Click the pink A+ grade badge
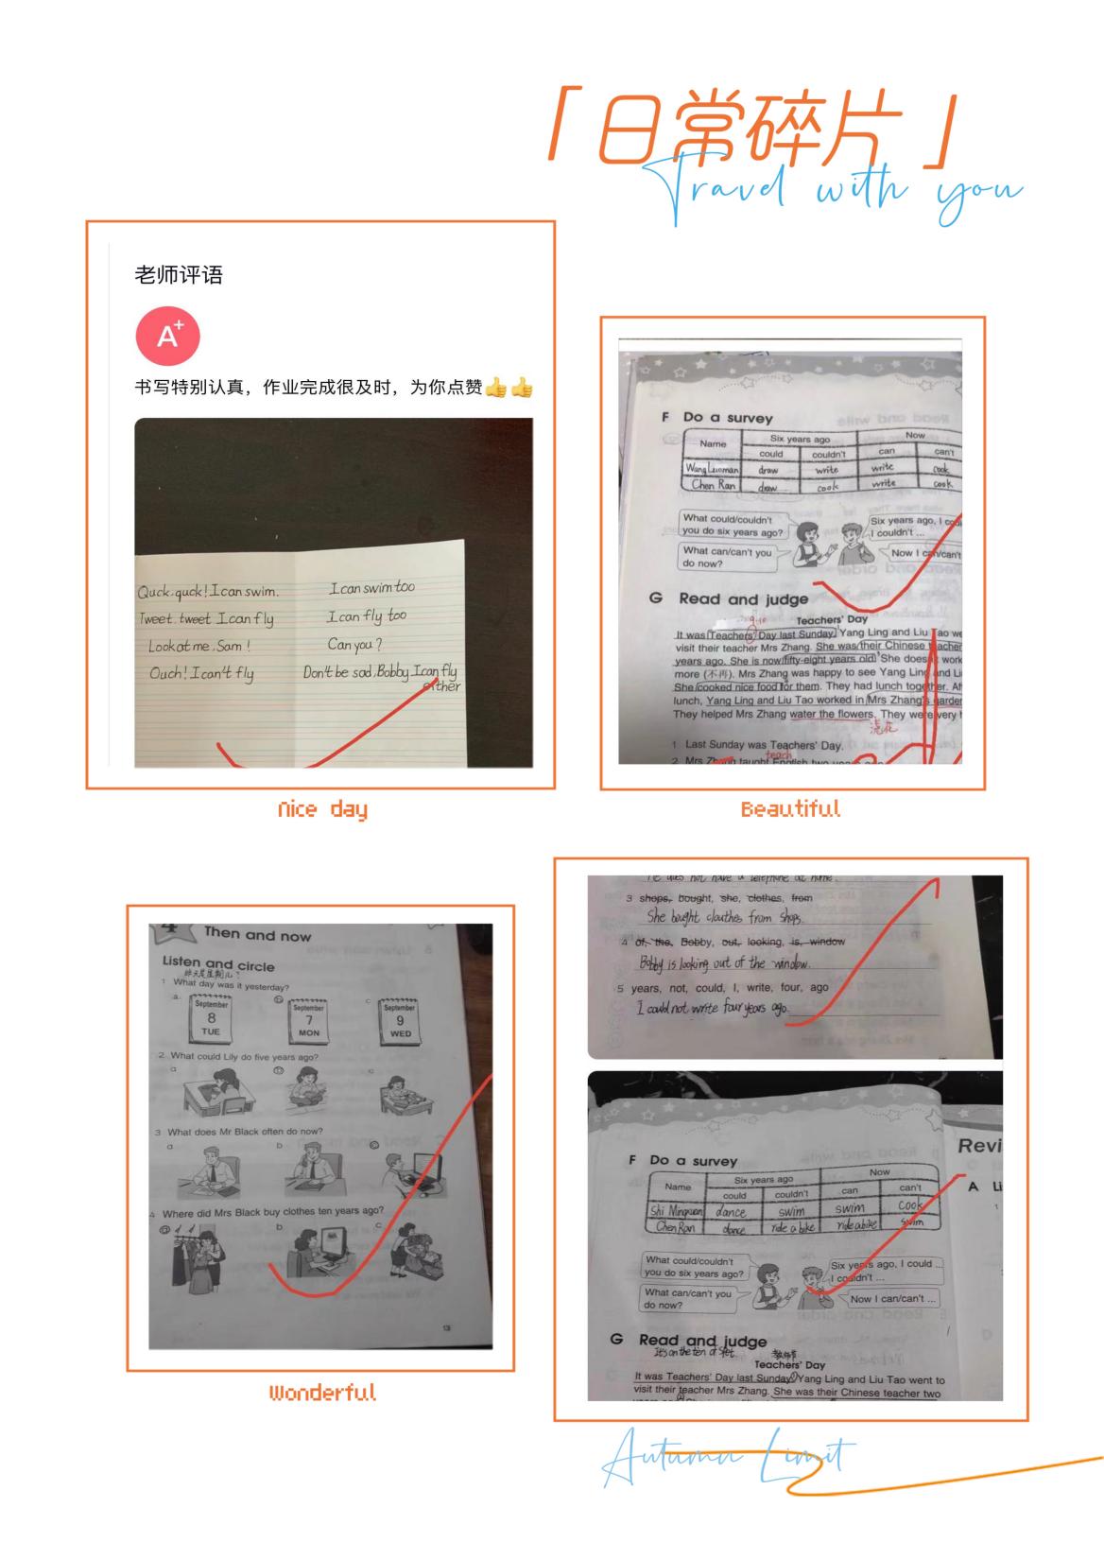tap(168, 336)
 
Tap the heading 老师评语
tap(179, 275)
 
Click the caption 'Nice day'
tap(322, 809)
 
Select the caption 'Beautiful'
tap(790, 809)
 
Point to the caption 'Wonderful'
tap(322, 1393)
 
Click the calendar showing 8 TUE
tap(212, 1019)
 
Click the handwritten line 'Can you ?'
tap(354, 645)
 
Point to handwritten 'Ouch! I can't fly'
tap(201, 674)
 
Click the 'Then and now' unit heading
tap(257, 935)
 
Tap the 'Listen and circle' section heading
tap(218, 964)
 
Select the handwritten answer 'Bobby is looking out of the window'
tap(724, 963)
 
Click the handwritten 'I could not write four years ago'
tap(712, 1009)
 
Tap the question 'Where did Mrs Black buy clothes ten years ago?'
tap(272, 1212)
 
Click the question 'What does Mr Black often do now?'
tap(245, 1132)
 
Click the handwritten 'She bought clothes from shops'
tap(724, 917)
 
